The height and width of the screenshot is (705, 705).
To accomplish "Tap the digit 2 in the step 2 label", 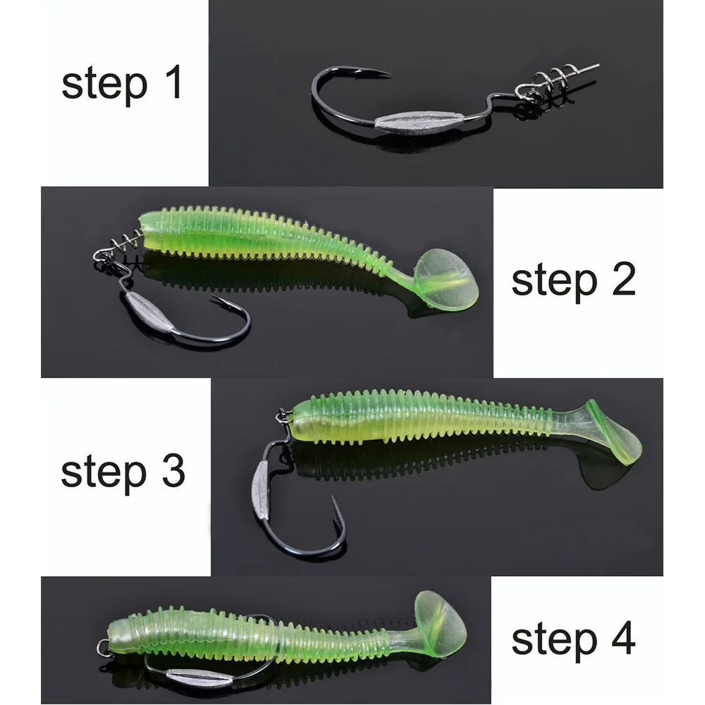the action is point(624,278).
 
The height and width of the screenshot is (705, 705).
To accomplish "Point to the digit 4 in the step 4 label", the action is point(623,638).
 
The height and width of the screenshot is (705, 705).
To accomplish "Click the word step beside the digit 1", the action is point(104,85).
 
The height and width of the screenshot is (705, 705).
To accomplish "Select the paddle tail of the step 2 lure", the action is point(445,278).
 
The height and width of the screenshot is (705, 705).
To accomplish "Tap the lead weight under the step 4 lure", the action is point(200,676).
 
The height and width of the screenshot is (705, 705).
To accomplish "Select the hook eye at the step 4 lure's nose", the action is point(103,647).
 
